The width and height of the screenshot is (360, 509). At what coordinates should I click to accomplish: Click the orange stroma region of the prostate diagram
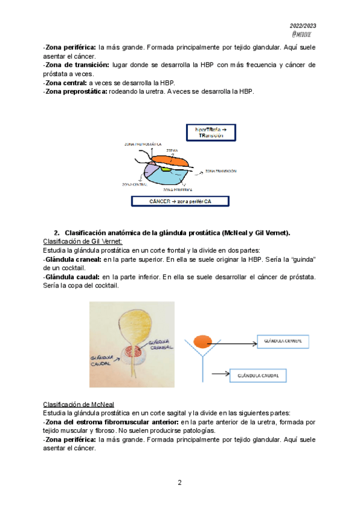[174, 159]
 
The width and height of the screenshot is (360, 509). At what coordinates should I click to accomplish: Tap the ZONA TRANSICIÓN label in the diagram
[220, 171]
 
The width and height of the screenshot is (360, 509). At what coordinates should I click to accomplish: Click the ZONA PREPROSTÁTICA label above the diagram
[143, 145]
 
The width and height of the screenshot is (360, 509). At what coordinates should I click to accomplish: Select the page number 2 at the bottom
[179, 483]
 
